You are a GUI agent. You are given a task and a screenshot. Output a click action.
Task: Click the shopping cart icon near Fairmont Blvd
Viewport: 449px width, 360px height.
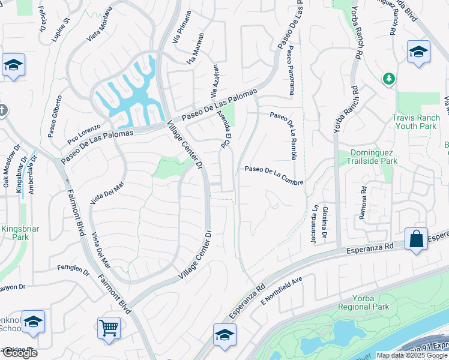pyautogui.click(x=109, y=328)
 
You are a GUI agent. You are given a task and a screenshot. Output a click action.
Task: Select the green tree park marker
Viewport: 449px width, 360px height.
pyautogui.click(x=389, y=78)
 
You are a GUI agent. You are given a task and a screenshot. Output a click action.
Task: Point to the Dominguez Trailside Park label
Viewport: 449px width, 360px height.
pyautogui.click(x=367, y=157)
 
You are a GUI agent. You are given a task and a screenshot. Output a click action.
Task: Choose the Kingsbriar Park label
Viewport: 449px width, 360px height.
pyautogui.click(x=14, y=233)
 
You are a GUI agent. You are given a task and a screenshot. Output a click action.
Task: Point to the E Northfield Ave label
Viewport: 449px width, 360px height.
pyautogui.click(x=281, y=292)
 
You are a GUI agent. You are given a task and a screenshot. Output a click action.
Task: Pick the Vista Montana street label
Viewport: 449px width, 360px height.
pyautogui.click(x=100, y=24)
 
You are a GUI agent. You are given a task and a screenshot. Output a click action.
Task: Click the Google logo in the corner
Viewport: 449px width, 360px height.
pyautogui.click(x=19, y=353)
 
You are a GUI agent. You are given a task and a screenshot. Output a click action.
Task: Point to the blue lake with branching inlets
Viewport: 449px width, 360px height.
pyautogui.click(x=130, y=96)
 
